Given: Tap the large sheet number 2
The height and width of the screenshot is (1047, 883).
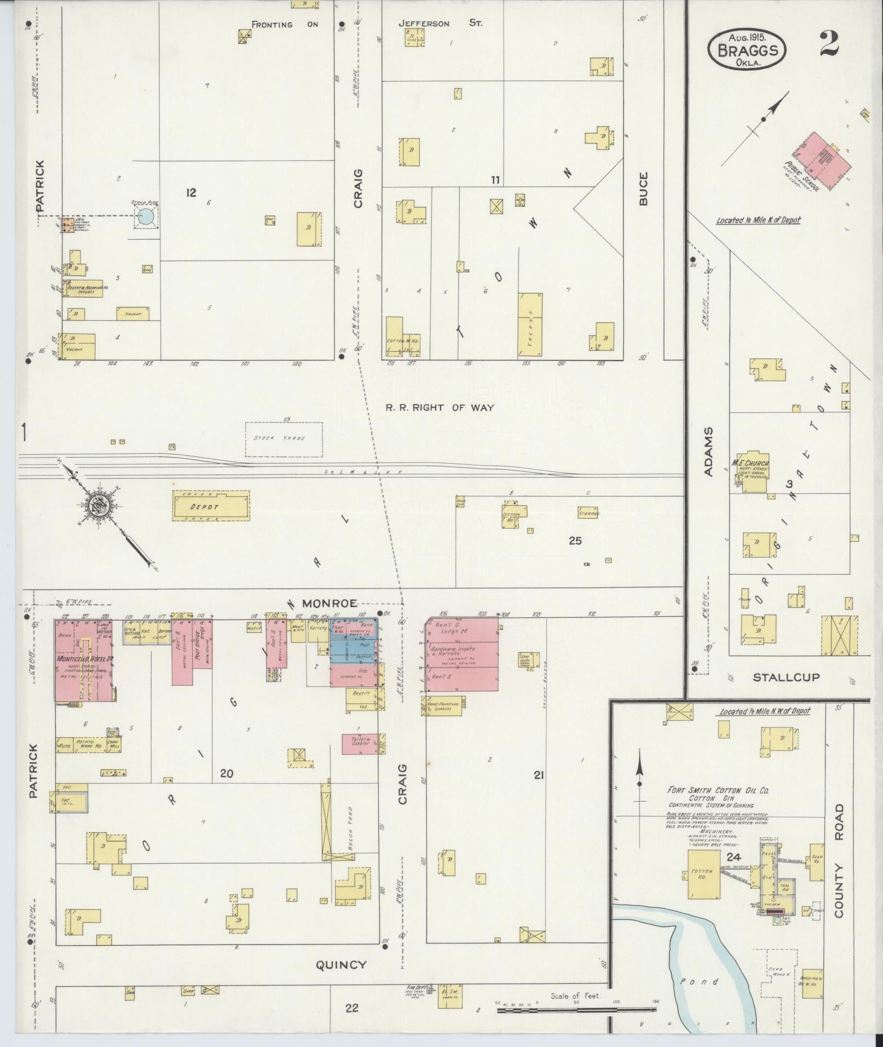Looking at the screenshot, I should pyautogui.click(x=829, y=44).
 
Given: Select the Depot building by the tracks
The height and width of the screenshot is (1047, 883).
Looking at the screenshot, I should pyautogui.click(x=211, y=506).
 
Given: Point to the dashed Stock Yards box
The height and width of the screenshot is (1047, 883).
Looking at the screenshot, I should pyautogui.click(x=284, y=439).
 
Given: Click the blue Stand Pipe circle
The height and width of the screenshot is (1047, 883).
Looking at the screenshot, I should pyautogui.click(x=146, y=217).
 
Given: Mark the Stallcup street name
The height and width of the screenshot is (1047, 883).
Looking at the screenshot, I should pyautogui.click(x=786, y=677).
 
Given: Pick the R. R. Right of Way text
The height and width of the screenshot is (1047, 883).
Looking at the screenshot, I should pyautogui.click(x=440, y=407).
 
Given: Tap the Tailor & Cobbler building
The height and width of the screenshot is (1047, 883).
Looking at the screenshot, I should pyautogui.click(x=360, y=743).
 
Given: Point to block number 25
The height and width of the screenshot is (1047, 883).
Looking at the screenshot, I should pyautogui.click(x=575, y=541).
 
